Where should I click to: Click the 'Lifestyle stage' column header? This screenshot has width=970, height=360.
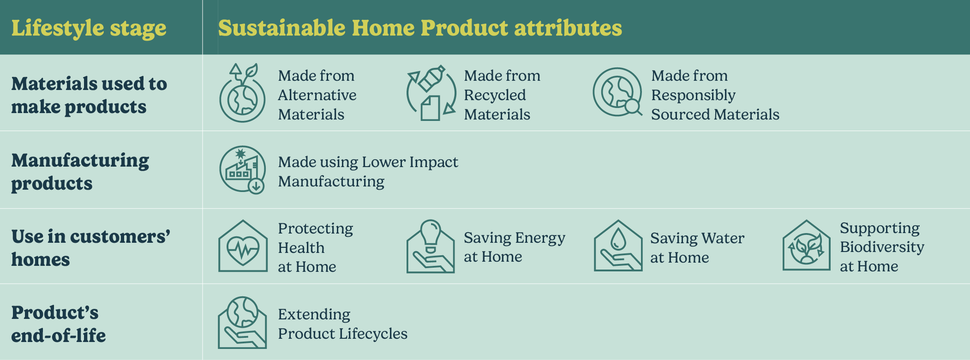(x=89, y=28)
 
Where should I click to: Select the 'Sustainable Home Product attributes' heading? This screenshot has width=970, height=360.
(x=420, y=28)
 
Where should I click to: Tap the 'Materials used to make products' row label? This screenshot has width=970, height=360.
(x=89, y=95)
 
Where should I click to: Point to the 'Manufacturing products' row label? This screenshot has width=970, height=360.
(x=80, y=172)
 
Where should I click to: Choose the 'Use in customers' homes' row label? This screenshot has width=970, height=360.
(x=91, y=248)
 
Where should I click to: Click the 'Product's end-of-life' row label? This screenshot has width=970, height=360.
(x=59, y=324)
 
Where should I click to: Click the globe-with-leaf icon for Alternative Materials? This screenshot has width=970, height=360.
(x=242, y=93)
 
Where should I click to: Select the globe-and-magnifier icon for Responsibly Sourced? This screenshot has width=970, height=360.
(x=617, y=92)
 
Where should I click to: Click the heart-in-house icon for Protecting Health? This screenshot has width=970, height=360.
(x=243, y=246)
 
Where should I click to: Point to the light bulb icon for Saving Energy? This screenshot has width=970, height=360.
(x=431, y=246)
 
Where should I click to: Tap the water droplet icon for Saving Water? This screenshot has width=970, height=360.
(x=618, y=246)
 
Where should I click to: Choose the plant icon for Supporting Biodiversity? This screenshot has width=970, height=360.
(x=806, y=246)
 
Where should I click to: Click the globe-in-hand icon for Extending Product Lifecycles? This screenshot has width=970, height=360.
(x=242, y=322)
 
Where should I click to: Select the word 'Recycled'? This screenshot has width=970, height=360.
(x=495, y=95)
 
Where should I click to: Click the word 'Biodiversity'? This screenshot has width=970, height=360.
(x=882, y=247)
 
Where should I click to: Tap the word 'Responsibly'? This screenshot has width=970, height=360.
(x=693, y=95)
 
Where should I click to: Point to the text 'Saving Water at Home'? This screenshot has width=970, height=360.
(x=697, y=248)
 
